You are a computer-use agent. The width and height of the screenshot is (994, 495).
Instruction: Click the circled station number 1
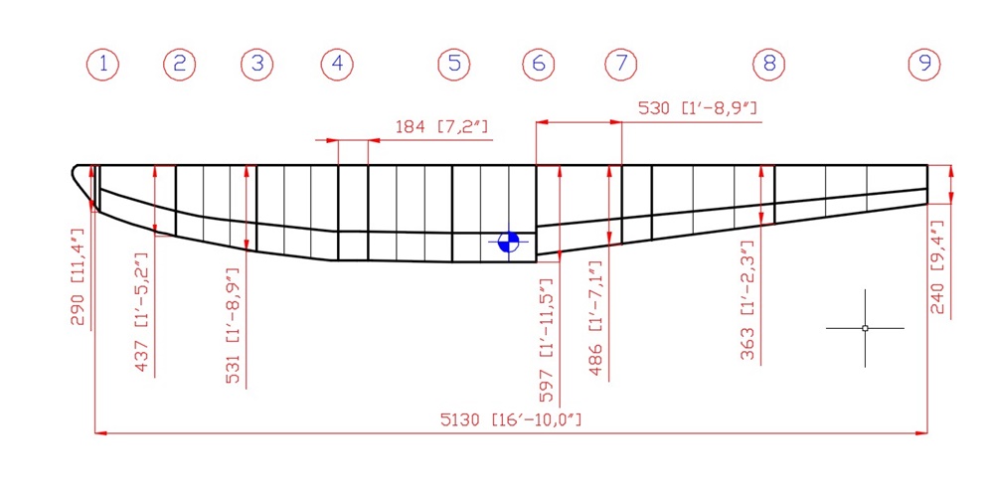[x=102, y=65]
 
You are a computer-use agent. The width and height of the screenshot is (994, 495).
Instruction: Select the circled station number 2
[x=179, y=65]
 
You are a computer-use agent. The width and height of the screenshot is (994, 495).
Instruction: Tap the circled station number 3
[x=256, y=65]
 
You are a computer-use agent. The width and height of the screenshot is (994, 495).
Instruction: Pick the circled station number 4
[x=337, y=65]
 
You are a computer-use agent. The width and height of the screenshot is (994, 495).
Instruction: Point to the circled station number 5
[x=454, y=65]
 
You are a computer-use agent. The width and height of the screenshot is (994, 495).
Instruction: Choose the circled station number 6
[x=538, y=65]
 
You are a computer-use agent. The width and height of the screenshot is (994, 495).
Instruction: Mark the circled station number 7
[x=620, y=65]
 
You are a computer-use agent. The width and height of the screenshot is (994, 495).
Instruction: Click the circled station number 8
[x=769, y=65]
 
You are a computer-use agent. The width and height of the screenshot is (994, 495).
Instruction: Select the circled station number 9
[x=924, y=65]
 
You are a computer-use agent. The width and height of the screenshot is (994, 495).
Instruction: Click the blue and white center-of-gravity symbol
[x=508, y=242]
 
